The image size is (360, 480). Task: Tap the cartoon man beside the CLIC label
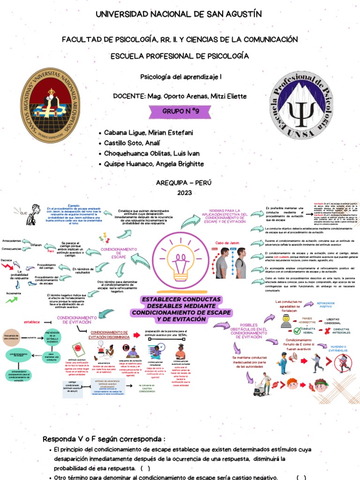pos(32,214)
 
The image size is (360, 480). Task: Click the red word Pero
pos(52,251)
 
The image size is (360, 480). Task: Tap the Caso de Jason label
pos(227,243)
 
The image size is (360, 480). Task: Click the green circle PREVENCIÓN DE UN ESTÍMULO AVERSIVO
pos(52,337)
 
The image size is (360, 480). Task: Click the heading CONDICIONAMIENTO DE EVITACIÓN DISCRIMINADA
pos(110,334)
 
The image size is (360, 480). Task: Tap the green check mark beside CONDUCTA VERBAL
pos(303,328)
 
